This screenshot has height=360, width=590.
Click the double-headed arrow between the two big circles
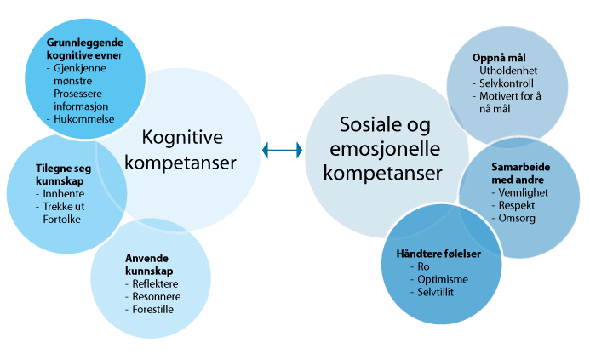[x=283, y=150]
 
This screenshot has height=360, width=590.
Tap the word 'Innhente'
[x=58, y=194]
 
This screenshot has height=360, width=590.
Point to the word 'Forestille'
[x=153, y=309]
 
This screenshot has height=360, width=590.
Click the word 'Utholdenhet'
[x=507, y=71]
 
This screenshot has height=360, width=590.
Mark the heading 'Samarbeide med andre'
[x=516, y=174]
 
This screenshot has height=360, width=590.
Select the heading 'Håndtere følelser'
[x=438, y=254]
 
